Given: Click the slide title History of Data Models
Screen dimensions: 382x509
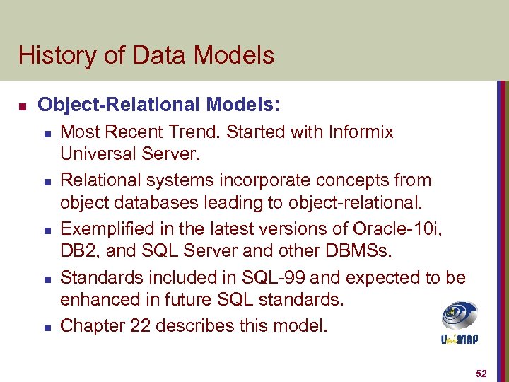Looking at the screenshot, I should [146, 55].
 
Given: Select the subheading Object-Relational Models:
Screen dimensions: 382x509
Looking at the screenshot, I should [159, 105].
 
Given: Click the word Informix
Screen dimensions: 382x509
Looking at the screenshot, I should [358, 132].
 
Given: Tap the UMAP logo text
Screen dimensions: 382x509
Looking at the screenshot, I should [459, 339].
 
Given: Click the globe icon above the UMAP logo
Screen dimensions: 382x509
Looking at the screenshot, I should [459, 316].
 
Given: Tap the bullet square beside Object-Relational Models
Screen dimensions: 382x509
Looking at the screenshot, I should [22, 106].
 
